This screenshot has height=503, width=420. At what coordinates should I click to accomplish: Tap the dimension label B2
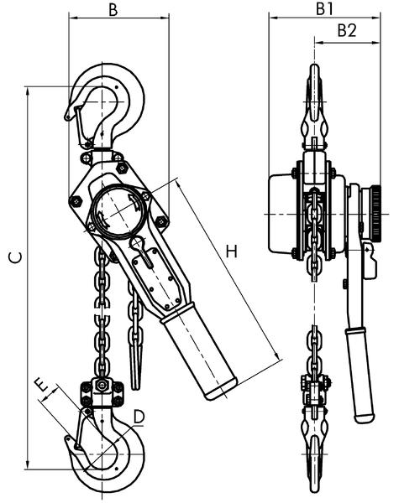(x=346, y=30)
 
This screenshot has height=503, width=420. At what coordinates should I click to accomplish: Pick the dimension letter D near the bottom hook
(x=139, y=415)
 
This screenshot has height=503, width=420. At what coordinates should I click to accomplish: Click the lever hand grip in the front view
(x=200, y=352)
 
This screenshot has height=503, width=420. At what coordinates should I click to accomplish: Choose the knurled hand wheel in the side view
(x=375, y=213)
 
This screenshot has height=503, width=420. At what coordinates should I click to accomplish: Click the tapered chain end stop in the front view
(x=136, y=352)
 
